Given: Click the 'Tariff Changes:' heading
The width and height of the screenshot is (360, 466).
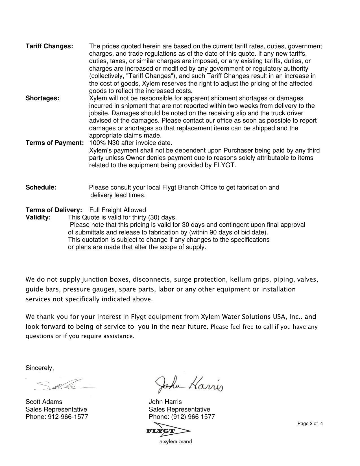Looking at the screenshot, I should pyautogui.click(x=49, y=46).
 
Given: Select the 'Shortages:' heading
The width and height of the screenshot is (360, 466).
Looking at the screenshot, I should pyautogui.click(x=42, y=98).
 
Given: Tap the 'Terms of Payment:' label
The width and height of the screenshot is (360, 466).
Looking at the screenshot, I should pyautogui.click(x=55, y=143).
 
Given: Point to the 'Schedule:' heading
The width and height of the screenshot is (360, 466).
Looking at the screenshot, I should pyautogui.click(x=41, y=188).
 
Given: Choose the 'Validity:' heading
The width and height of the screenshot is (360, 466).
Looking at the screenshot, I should pyautogui.click(x=38, y=217).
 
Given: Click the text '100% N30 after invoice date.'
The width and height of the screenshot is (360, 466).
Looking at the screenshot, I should pyautogui.click(x=130, y=143).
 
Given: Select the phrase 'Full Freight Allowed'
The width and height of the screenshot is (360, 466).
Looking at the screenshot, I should pyautogui.click(x=117, y=210).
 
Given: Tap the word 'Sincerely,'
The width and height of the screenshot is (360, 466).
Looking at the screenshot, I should pyautogui.click(x=40, y=368).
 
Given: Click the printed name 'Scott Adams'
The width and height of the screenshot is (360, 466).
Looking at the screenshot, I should pyautogui.click(x=44, y=402).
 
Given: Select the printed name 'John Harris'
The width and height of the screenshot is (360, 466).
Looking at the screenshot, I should pyautogui.click(x=165, y=402).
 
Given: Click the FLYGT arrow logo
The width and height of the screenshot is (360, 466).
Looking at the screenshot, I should pyautogui.click(x=169, y=431).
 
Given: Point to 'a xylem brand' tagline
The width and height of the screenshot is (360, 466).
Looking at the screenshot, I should pyautogui.click(x=175, y=441).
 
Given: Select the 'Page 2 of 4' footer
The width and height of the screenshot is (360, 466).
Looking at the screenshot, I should pyautogui.click(x=310, y=424).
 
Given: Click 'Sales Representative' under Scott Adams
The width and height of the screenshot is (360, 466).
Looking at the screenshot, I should pyautogui.click(x=56, y=410).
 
